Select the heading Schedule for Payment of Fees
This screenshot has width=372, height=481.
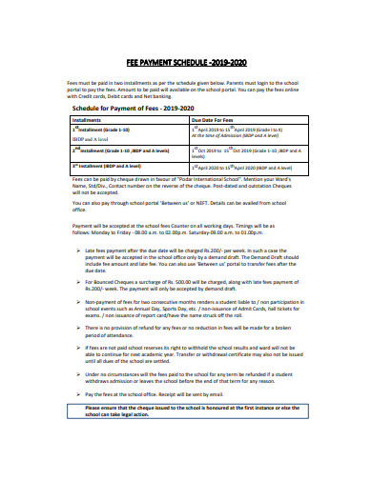[129, 109]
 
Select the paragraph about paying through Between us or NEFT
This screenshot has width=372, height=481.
[172, 206]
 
